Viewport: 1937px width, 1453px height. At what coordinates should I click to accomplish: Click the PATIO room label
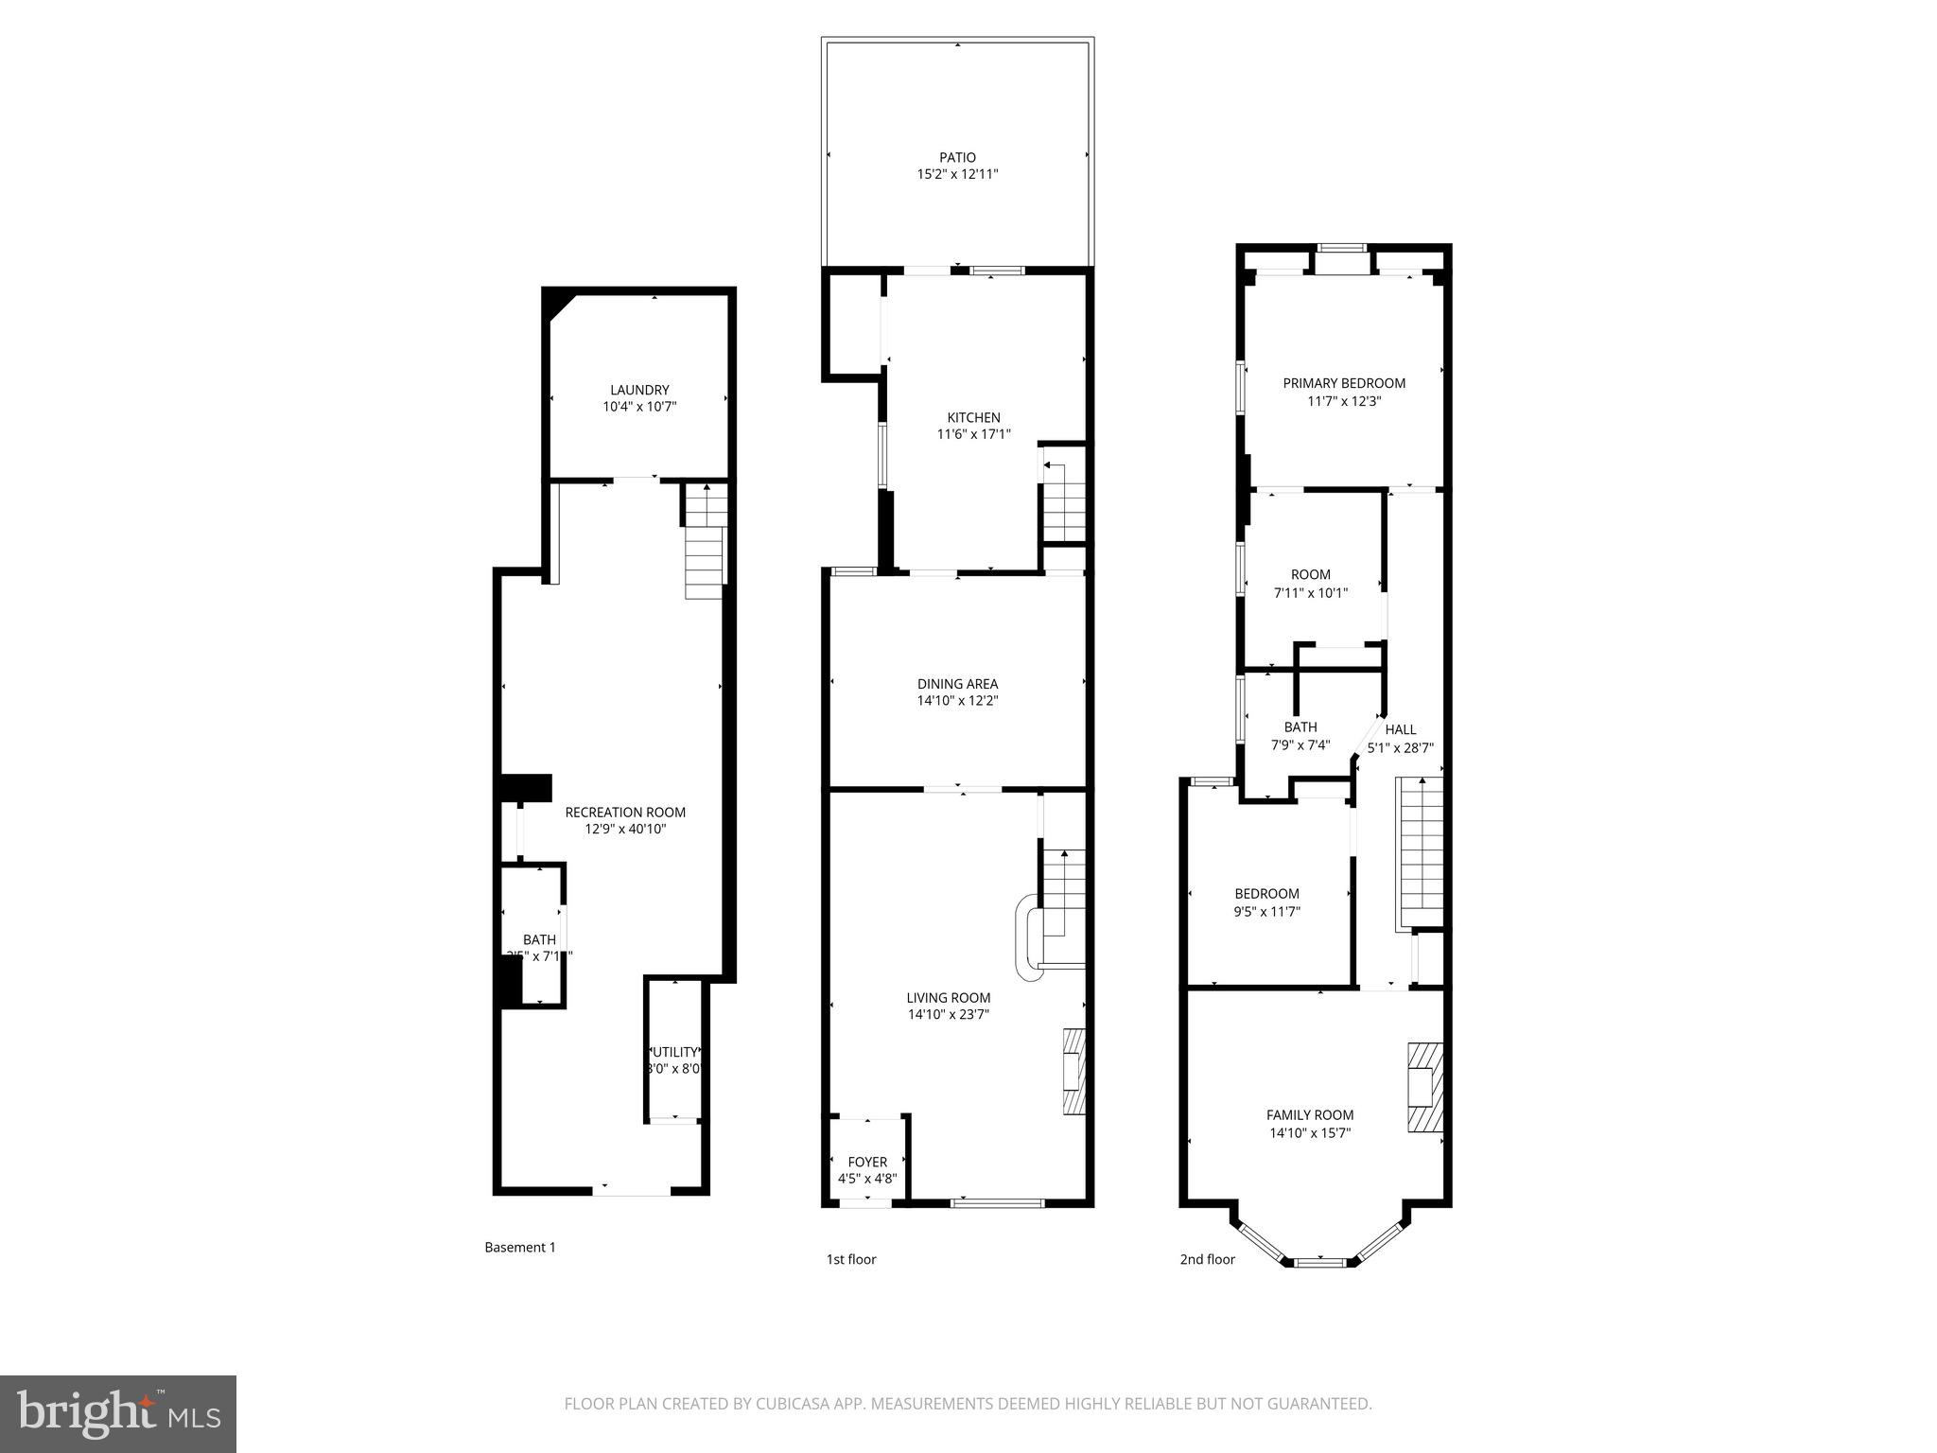pyautogui.click(x=957, y=157)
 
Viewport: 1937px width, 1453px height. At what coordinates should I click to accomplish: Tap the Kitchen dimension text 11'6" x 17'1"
pyautogui.click(x=973, y=435)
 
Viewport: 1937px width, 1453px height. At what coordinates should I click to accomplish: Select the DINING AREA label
pyautogui.click(x=957, y=684)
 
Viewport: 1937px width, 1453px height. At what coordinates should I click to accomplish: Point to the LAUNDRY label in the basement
pyautogui.click(x=639, y=390)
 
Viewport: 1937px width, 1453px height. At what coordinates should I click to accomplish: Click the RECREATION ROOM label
pyautogui.click(x=625, y=813)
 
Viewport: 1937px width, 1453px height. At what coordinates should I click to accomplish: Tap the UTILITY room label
pyautogui.click(x=674, y=1052)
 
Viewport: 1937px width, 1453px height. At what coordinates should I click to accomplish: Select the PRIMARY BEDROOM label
pyautogui.click(x=1343, y=383)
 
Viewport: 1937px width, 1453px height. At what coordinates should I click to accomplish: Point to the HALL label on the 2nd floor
pyautogui.click(x=1401, y=729)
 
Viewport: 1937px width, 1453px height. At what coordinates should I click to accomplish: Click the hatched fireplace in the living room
pyautogui.click(x=1073, y=1072)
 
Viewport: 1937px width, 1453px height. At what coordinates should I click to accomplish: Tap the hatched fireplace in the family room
pyautogui.click(x=1424, y=1087)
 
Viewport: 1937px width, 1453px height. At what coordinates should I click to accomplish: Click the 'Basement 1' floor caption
pyautogui.click(x=520, y=1248)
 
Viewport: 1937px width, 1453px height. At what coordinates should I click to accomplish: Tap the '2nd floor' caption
pyautogui.click(x=1207, y=1259)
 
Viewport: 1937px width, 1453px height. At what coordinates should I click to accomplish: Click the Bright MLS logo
pyautogui.click(x=118, y=1413)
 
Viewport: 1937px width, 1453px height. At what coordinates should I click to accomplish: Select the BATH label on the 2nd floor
pyautogui.click(x=1300, y=727)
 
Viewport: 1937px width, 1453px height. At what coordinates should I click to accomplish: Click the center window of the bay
pyautogui.click(x=1320, y=1261)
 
